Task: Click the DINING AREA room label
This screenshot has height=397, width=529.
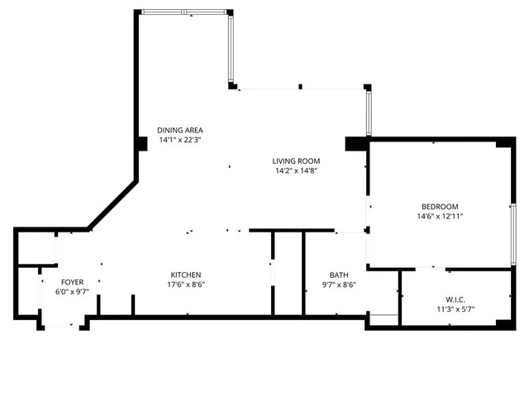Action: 180,130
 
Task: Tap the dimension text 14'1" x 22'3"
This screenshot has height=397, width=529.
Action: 180,140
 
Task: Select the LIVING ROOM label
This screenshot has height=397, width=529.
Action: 297,161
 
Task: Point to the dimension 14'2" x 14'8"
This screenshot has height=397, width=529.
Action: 297,171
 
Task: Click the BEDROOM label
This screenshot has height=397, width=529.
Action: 440,206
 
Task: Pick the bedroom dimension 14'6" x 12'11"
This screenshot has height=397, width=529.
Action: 440,216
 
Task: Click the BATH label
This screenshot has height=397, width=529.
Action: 339,275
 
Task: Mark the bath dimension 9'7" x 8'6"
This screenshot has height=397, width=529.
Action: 339,285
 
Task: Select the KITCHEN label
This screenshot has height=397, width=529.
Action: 186,275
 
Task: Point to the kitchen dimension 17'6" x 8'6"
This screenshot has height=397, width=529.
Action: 186,285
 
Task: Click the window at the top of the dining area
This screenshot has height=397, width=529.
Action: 183,12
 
